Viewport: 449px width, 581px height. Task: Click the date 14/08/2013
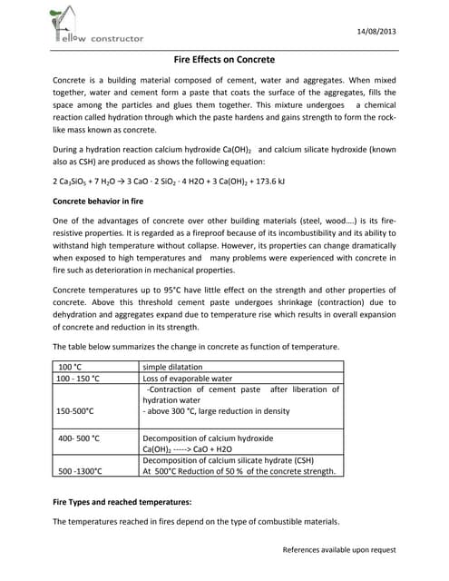pyautogui.click(x=375, y=30)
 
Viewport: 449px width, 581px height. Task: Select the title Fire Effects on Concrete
pyautogui.click(x=224, y=59)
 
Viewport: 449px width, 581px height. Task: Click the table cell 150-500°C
pyautogui.click(x=75, y=411)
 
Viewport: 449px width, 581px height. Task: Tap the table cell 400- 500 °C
pyautogui.click(x=79, y=438)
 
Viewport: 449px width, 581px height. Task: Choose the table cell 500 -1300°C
pyautogui.click(x=80, y=471)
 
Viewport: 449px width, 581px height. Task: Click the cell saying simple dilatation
pyautogui.click(x=175, y=365)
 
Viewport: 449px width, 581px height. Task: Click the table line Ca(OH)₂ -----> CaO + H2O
pyautogui.click(x=192, y=448)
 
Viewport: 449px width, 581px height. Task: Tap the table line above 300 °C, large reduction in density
pyautogui.click(x=217, y=411)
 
